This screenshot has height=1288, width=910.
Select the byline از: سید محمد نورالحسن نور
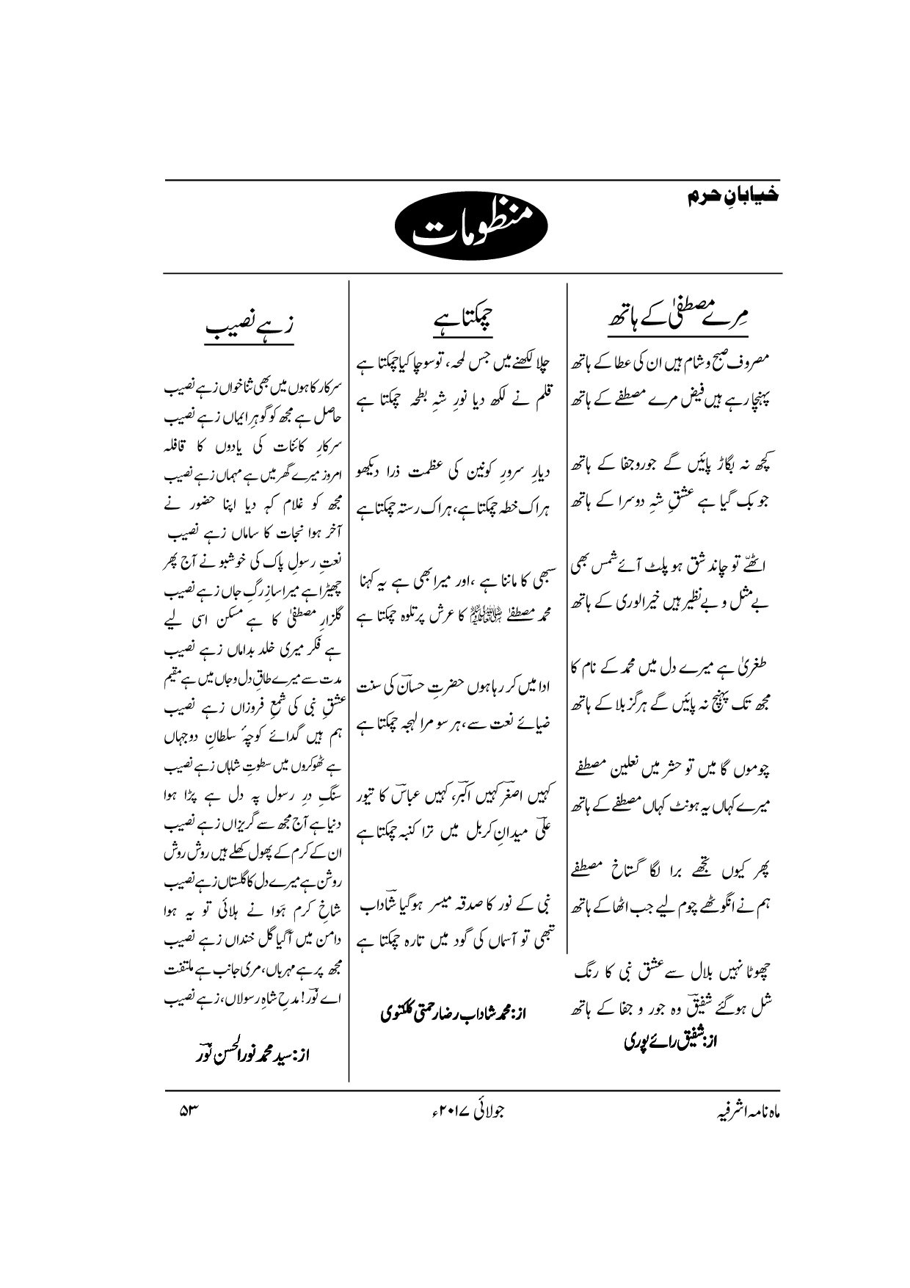(254, 1058)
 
